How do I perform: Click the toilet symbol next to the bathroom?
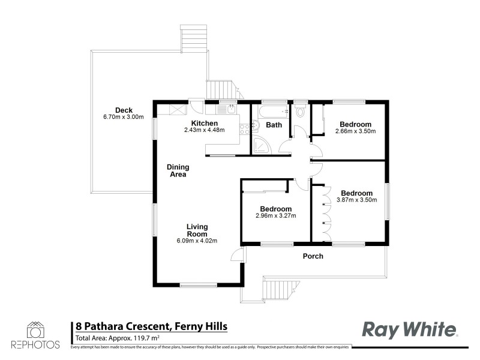click(x=301, y=112)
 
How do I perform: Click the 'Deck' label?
click(x=124, y=110)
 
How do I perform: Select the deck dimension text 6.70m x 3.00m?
click(x=124, y=117)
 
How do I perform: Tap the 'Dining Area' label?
click(x=178, y=170)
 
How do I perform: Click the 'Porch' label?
click(x=313, y=256)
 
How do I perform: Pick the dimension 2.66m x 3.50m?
click(x=355, y=131)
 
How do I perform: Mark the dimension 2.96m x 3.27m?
click(x=276, y=216)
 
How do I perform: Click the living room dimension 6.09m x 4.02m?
click(x=197, y=241)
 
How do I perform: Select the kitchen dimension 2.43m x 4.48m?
click(x=205, y=130)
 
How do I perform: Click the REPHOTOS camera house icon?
click(x=35, y=330)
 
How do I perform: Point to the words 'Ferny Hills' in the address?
click(x=201, y=326)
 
